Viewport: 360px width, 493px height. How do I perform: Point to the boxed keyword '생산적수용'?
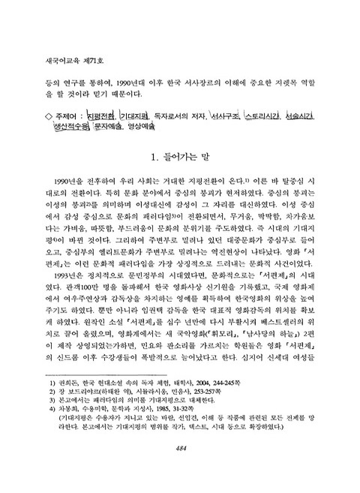tap(70, 128)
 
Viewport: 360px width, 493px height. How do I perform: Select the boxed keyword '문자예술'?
tap(109, 128)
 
